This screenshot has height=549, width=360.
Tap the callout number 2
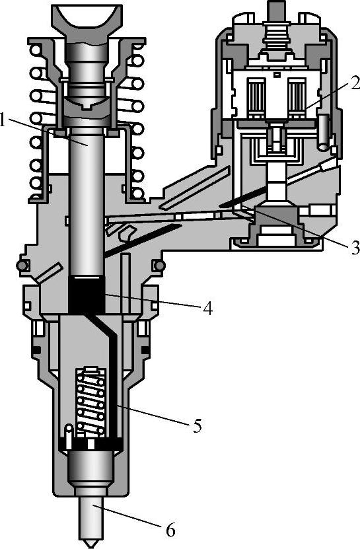[x=354, y=83]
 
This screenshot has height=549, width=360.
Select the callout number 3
[x=355, y=248]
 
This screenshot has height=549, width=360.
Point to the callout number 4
[x=207, y=309]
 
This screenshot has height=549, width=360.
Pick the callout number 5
[x=197, y=425]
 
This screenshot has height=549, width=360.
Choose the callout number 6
[x=170, y=531]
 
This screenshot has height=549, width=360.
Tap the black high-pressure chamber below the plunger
[x=87, y=294]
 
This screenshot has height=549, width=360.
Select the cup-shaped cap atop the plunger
[x=88, y=19]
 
